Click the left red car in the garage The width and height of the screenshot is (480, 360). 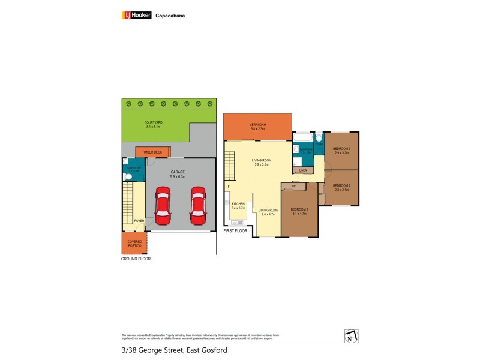(163, 205)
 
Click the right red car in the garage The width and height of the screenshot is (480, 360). (198, 205)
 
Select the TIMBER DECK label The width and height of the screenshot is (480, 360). (152, 152)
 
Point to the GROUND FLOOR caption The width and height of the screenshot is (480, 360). (136, 259)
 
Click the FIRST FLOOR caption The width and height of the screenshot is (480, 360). (235, 230)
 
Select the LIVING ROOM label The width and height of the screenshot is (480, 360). (262, 160)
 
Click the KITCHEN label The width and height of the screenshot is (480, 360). (238, 204)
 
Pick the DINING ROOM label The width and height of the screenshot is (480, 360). (268, 210)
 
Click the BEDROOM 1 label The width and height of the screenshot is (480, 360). (298, 209)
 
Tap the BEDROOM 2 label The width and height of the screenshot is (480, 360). (341, 185)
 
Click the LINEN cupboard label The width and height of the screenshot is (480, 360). (303, 171)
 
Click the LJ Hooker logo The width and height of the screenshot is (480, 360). (137, 16)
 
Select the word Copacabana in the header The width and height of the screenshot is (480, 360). (170, 16)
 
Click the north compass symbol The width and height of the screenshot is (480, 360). (351, 336)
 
